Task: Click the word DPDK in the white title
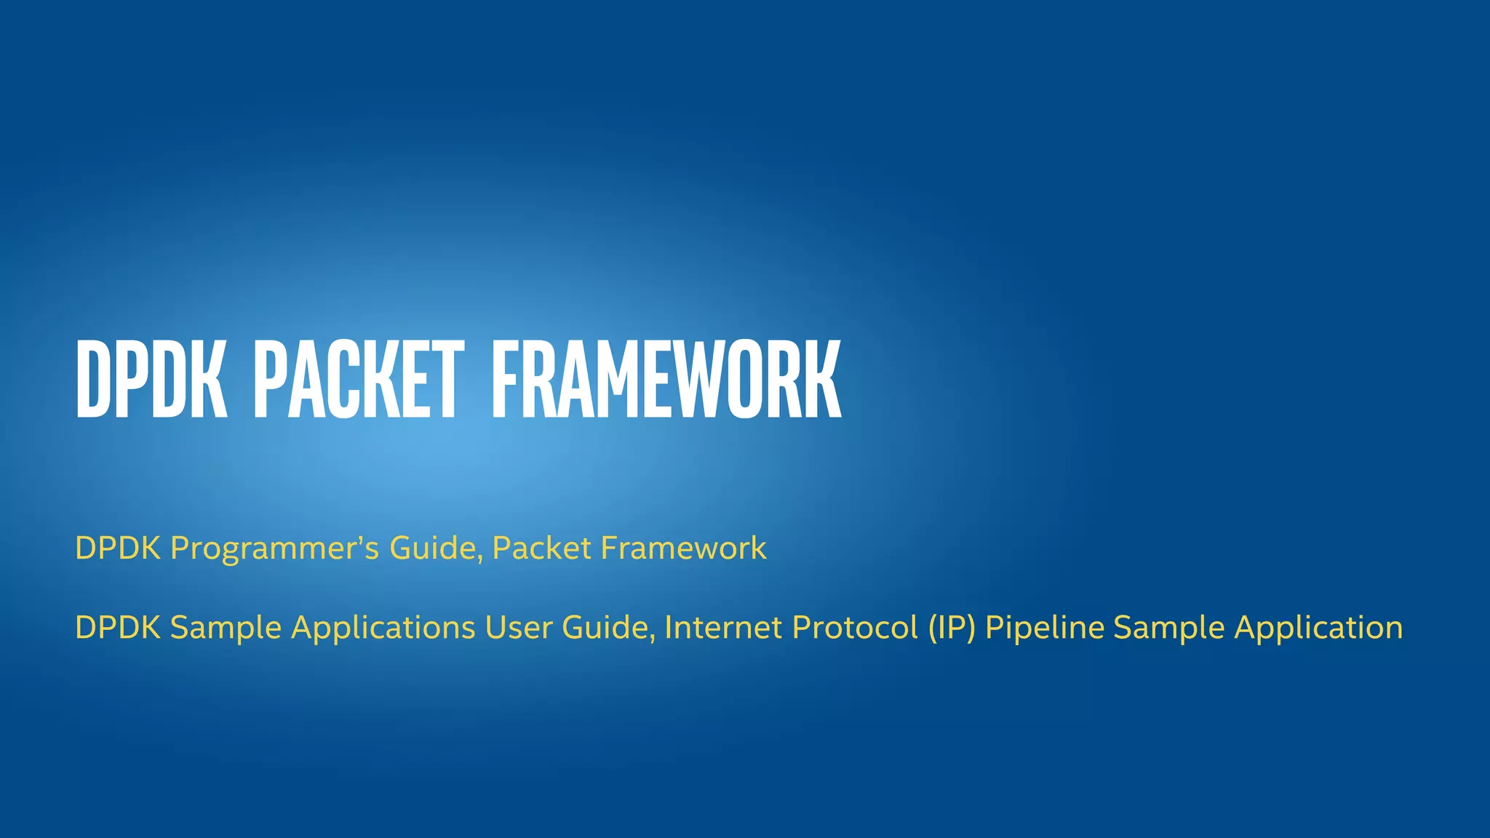coord(151,380)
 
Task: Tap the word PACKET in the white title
coord(358,380)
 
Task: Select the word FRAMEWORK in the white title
coord(666,380)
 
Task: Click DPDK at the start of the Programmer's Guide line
coord(118,548)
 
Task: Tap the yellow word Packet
coord(541,548)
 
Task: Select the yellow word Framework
coord(683,548)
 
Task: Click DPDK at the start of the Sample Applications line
coord(118,628)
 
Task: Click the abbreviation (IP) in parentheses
coord(952,628)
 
